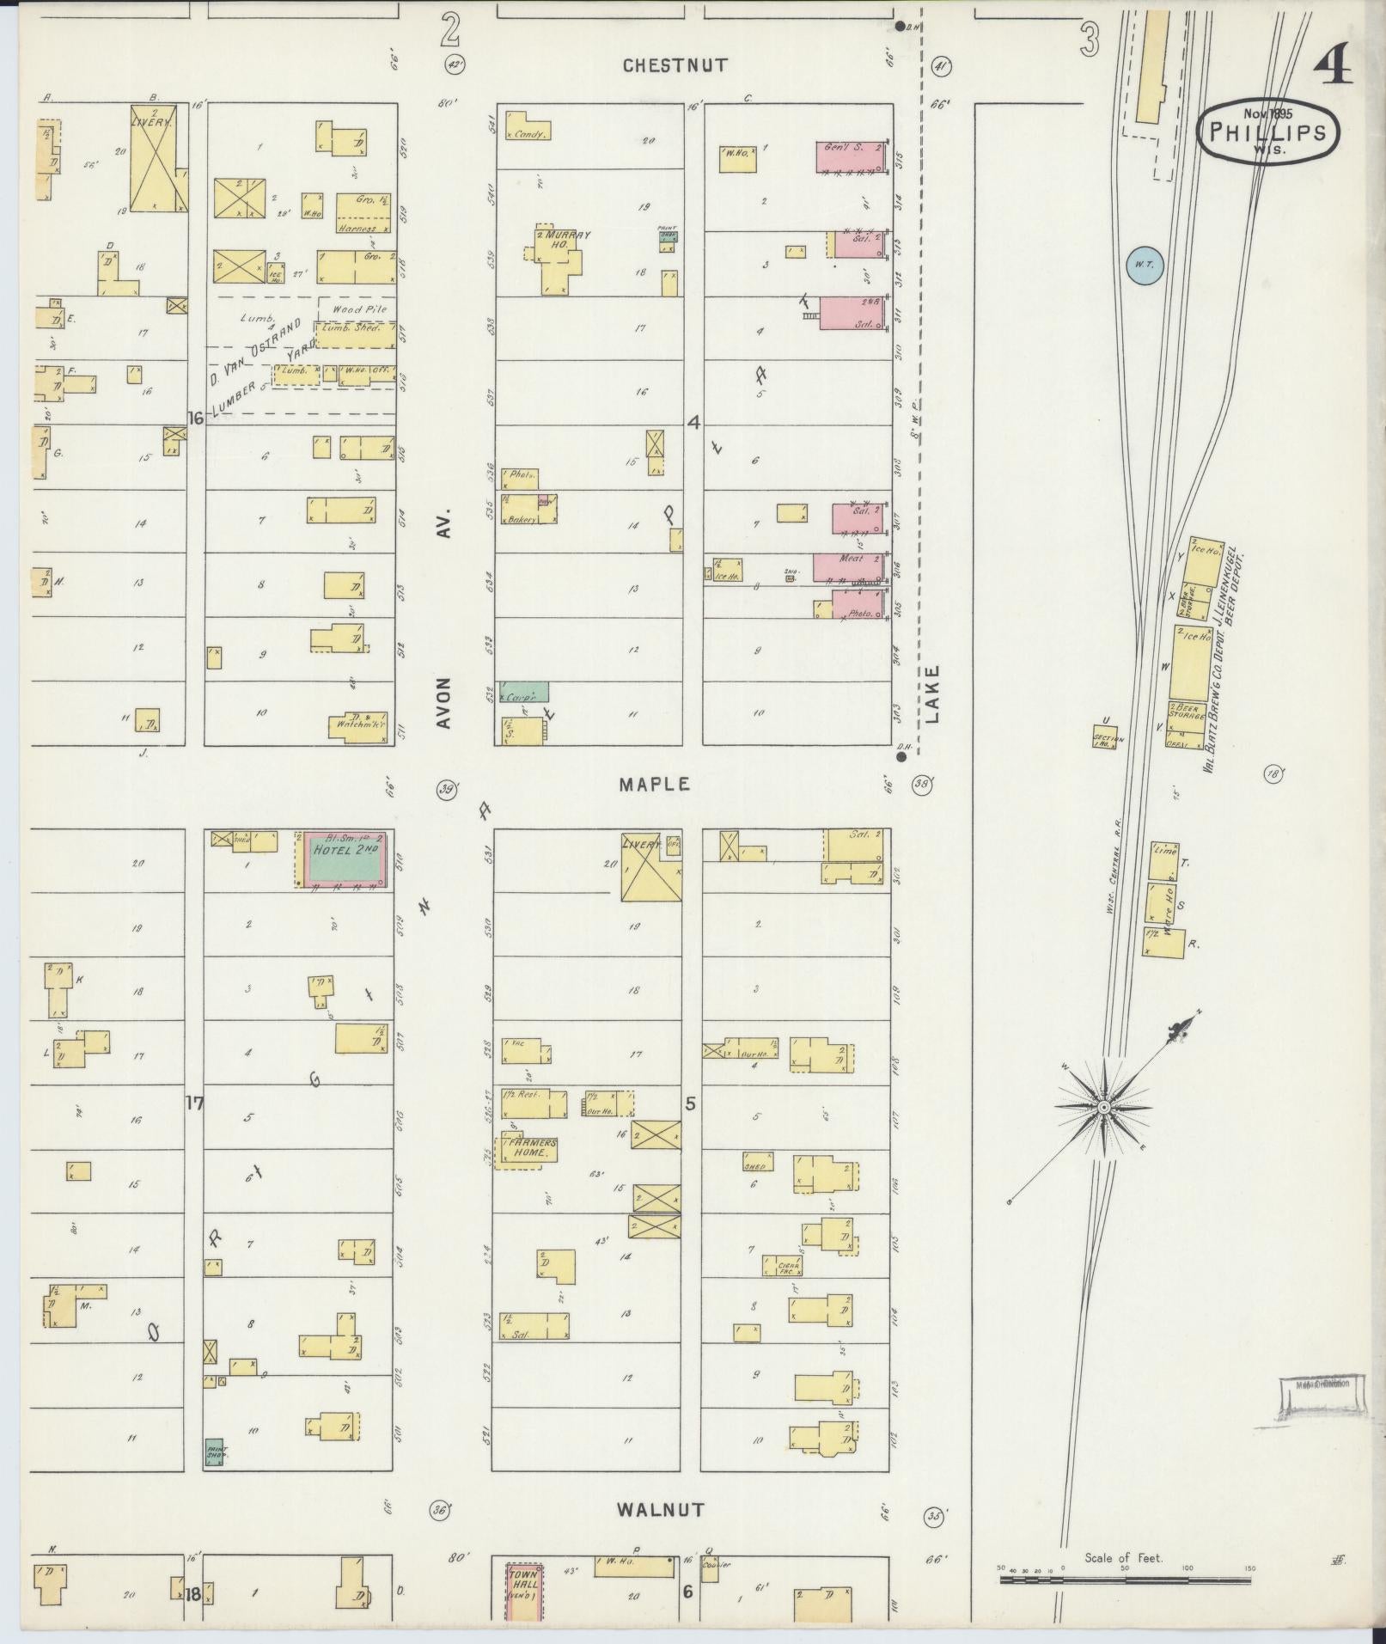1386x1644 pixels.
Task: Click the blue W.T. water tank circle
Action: (1144, 266)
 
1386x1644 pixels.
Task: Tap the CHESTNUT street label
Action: (675, 65)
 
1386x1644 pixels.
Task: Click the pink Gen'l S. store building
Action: (849, 156)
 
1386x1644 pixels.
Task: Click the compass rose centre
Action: (1103, 1108)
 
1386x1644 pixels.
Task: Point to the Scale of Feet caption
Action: (1123, 1557)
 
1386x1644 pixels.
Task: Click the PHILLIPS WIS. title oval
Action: (1267, 131)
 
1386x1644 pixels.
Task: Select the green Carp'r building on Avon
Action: (522, 692)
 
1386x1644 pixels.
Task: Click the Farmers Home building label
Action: (531, 1148)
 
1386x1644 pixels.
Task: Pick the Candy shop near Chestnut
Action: (526, 130)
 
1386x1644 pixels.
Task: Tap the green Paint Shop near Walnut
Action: (214, 1451)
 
